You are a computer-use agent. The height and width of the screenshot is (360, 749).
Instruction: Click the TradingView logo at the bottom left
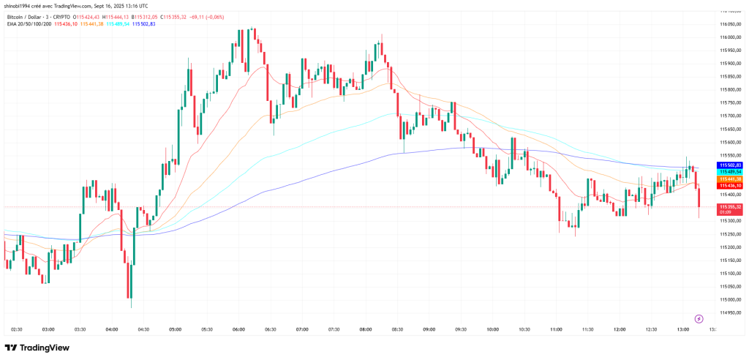38,348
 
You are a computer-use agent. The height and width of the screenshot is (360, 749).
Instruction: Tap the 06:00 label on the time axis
238,330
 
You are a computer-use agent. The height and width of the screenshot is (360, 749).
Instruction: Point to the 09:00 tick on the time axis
429,330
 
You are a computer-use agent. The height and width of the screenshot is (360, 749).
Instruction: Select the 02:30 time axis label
18,330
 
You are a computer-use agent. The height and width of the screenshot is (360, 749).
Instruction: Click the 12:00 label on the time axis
620,330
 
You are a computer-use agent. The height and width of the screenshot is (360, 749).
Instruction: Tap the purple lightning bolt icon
699,319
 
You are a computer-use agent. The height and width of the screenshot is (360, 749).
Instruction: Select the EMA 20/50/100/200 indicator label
27,24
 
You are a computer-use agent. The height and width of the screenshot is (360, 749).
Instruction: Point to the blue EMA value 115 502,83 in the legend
144,24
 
